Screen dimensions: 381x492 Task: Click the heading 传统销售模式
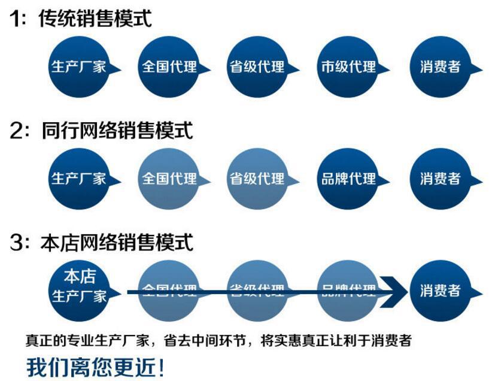click(x=95, y=18)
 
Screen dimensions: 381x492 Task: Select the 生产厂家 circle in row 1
click(x=78, y=66)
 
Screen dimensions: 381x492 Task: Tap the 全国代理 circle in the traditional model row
click(x=168, y=66)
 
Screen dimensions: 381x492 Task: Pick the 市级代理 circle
click(x=348, y=66)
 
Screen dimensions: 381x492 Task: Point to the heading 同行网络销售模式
click(x=117, y=130)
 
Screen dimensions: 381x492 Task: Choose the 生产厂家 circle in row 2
click(x=78, y=178)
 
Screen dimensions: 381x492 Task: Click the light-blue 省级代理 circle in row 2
click(x=257, y=178)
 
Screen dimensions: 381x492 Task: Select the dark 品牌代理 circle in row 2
click(x=348, y=178)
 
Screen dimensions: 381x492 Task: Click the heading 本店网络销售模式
click(x=117, y=243)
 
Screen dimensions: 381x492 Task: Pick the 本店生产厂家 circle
click(x=78, y=286)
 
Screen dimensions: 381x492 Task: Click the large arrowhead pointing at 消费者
click(x=393, y=292)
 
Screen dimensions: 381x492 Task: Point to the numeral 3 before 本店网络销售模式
click(x=16, y=243)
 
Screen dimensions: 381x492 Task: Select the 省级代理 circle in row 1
click(x=257, y=66)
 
